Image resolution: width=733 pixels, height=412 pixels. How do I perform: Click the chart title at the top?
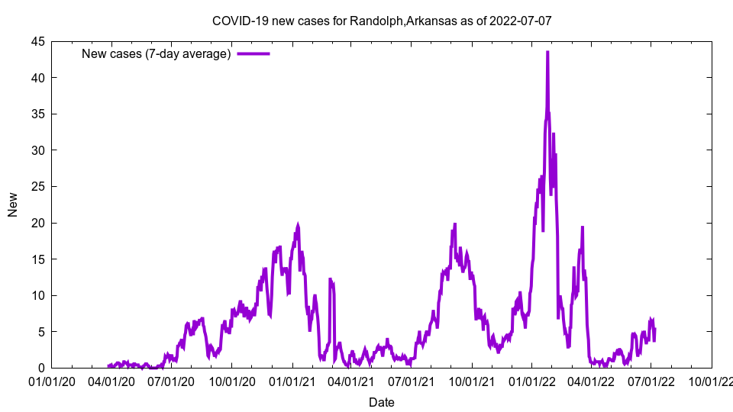pyautogui.click(x=382, y=21)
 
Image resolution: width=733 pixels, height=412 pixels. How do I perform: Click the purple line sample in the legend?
pyautogui.click(x=253, y=53)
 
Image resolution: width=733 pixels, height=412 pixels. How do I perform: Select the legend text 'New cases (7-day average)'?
pyautogui.click(x=156, y=53)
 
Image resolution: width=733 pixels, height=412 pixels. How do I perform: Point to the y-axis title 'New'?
pyautogui.click(x=13, y=204)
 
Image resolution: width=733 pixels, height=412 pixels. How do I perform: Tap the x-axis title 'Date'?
pyautogui.click(x=382, y=402)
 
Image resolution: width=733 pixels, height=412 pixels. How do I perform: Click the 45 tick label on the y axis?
pyautogui.click(x=37, y=41)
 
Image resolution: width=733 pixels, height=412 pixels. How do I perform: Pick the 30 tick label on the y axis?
pyautogui.click(x=37, y=150)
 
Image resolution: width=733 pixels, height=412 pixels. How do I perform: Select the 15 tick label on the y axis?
pyautogui.click(x=37, y=259)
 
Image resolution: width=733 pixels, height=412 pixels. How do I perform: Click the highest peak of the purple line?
pyautogui.click(x=547, y=52)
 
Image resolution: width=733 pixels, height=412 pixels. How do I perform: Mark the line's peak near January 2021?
pyautogui.click(x=298, y=225)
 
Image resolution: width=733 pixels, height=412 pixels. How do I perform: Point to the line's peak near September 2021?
pyautogui.click(x=455, y=224)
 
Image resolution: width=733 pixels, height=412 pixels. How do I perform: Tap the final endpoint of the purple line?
pyautogui.click(x=654, y=329)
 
